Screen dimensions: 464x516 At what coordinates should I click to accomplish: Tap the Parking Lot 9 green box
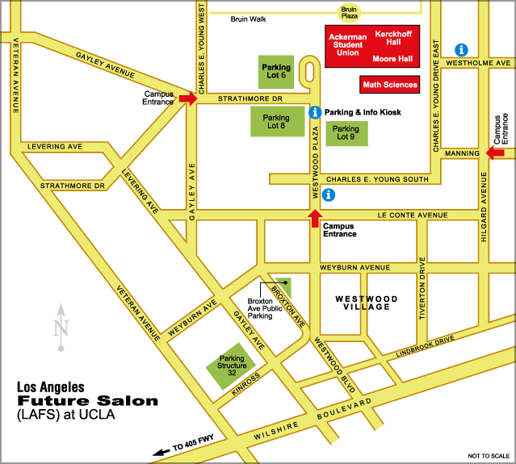pyautogui.click(x=346, y=133)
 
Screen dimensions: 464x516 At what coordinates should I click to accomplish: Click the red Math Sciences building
pyautogui.click(x=390, y=84)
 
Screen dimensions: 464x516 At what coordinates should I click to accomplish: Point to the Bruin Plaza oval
pyautogui.click(x=349, y=10)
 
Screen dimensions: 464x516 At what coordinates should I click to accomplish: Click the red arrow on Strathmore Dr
pyautogui.click(x=187, y=98)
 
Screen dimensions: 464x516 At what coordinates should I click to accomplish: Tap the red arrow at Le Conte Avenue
pyautogui.click(x=314, y=217)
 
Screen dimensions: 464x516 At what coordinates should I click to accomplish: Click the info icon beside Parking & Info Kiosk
pyautogui.click(x=316, y=113)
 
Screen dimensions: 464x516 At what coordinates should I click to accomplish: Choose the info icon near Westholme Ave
pyautogui.click(x=463, y=49)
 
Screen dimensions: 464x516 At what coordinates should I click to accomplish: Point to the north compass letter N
pyautogui.click(x=60, y=328)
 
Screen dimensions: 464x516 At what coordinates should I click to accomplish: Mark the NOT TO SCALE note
pyautogui.click(x=486, y=456)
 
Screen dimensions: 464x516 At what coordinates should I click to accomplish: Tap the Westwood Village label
pyautogui.click(x=366, y=303)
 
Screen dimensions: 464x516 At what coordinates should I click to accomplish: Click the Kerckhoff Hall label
pyautogui.click(x=394, y=39)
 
